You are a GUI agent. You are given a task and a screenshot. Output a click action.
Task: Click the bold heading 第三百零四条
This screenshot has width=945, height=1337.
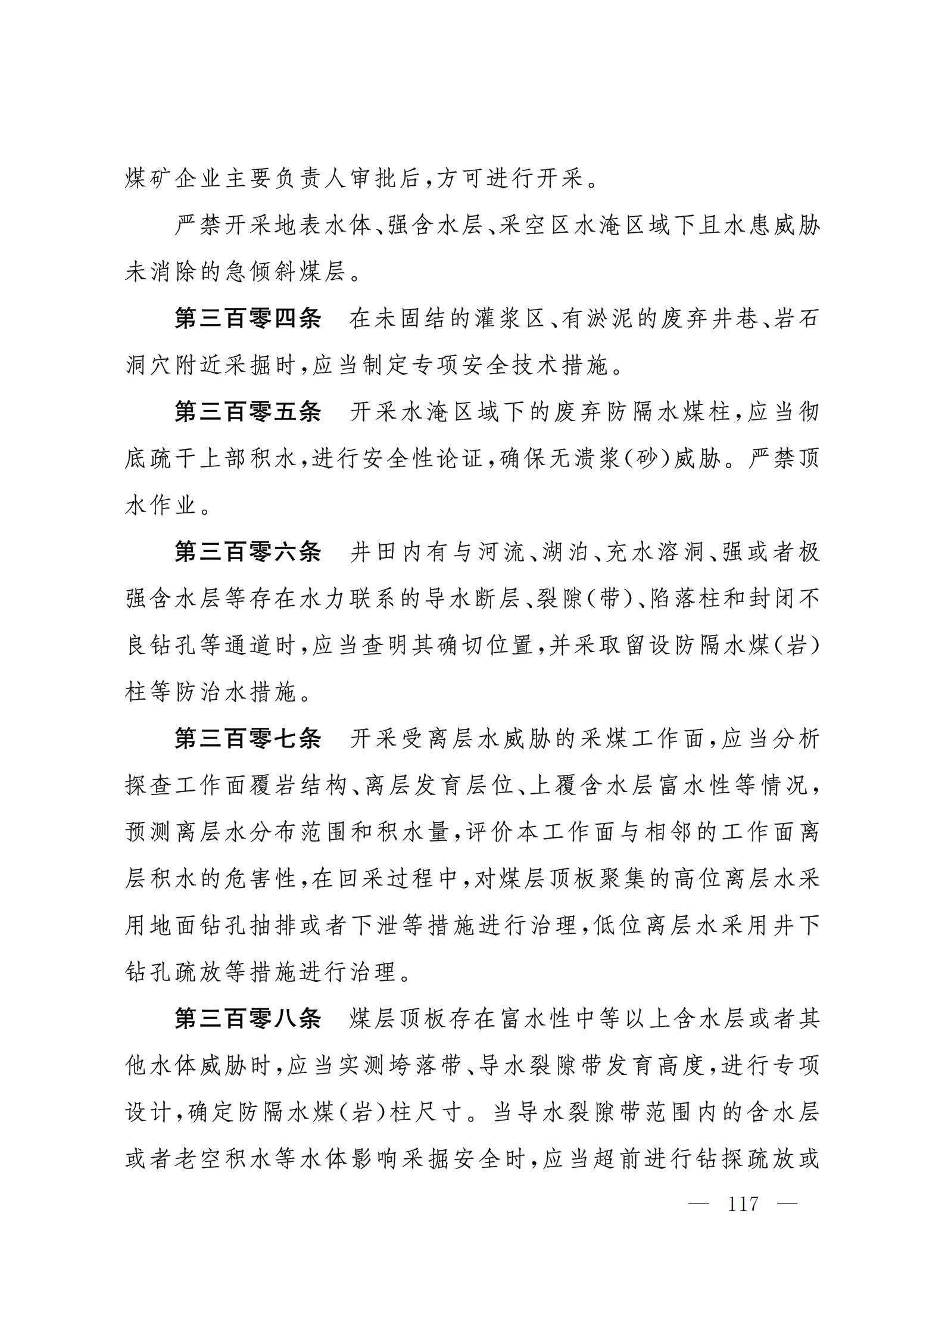248,319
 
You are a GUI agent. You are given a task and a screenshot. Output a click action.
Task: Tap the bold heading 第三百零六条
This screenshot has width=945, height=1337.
248,552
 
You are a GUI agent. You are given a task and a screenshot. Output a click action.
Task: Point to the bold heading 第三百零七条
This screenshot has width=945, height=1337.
248,738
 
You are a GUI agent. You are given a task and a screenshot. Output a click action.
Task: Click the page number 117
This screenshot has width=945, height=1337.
743,1204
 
